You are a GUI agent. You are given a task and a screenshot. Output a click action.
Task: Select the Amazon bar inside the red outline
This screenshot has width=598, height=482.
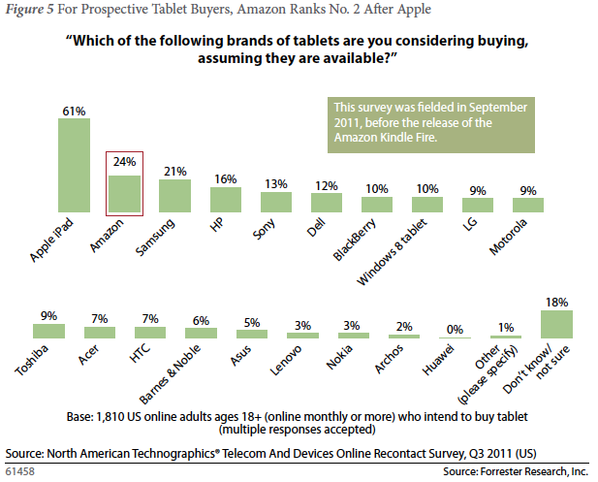point(124,193)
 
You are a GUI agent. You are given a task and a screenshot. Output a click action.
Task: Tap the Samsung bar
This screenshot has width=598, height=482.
point(174,196)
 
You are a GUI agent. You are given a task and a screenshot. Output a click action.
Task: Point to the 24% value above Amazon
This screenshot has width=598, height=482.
point(124,163)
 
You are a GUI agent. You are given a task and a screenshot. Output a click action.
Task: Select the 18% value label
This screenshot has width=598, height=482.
point(556,301)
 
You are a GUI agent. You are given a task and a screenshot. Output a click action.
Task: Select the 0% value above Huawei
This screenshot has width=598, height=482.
point(453,328)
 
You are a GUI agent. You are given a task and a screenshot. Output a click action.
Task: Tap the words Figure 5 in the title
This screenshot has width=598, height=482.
point(28,11)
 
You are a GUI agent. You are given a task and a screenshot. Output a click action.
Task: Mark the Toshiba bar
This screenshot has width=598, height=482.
point(48,331)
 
